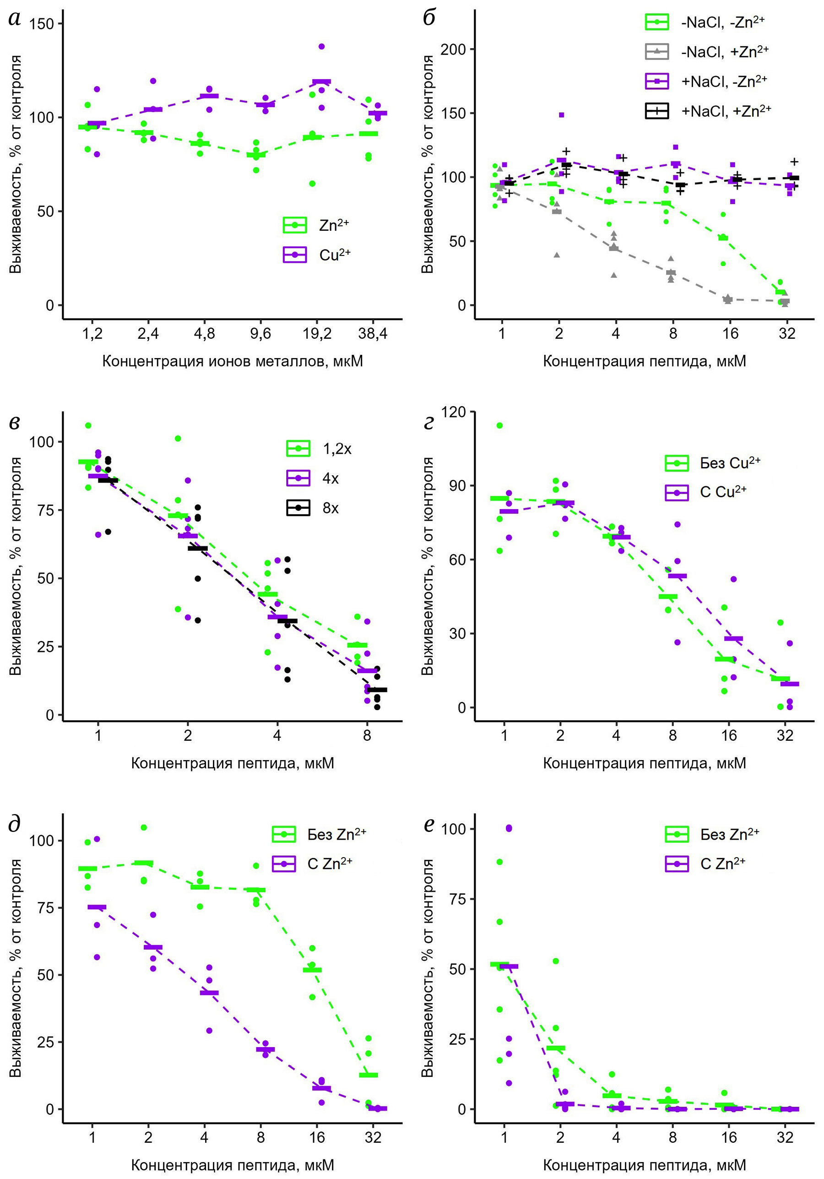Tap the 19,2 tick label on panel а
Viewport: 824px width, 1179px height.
[x=317, y=334]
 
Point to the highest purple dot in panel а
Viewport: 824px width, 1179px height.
[x=321, y=47]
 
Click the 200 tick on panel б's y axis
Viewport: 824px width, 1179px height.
[x=453, y=49]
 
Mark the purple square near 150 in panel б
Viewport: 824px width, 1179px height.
[x=561, y=115]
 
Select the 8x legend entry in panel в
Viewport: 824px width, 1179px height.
[x=313, y=508]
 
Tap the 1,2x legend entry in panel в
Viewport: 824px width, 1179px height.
[x=319, y=449]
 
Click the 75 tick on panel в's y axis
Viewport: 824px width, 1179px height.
[x=43, y=510]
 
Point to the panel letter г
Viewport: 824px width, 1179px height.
[x=428, y=422]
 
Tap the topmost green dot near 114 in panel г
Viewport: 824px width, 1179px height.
[x=499, y=425]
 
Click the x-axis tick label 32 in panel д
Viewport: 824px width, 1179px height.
[x=373, y=1137]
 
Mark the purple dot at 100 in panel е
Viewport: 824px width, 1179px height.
[x=509, y=828]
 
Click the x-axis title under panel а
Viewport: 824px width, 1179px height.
[x=233, y=362]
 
